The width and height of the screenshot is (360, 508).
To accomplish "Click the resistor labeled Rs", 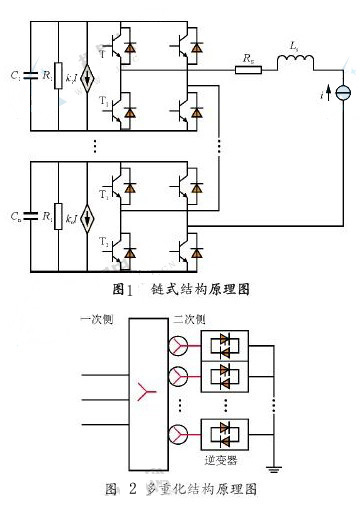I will pyautogui.click(x=245, y=71).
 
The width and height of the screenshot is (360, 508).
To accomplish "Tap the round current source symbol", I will pyautogui.click(x=345, y=93).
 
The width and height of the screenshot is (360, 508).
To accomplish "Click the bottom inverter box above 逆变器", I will pyautogui.click(x=222, y=436).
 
